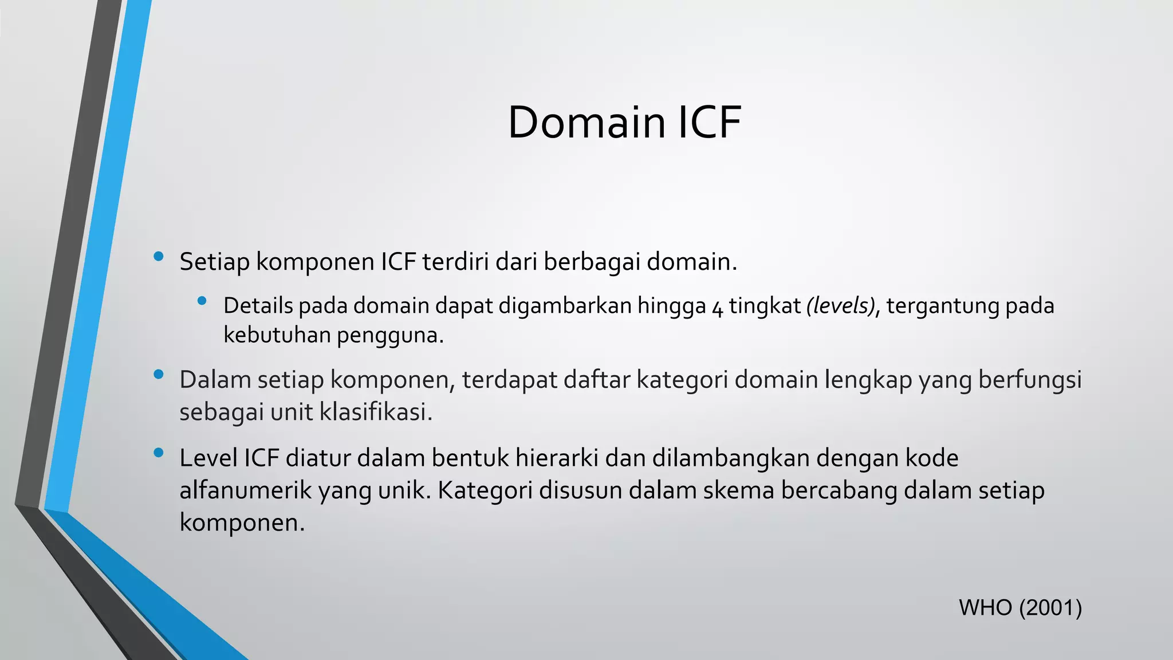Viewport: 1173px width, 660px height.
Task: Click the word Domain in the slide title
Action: (586, 123)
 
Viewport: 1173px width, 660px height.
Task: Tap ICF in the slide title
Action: (710, 123)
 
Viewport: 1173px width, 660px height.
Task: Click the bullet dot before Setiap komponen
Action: (159, 257)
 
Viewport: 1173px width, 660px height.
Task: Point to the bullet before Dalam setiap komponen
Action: (159, 375)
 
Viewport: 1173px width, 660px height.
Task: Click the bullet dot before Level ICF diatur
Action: (159, 454)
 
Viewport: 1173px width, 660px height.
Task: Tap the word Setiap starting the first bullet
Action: (214, 262)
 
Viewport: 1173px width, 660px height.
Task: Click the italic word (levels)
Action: (841, 306)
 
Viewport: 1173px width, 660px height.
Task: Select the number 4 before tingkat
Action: (717, 307)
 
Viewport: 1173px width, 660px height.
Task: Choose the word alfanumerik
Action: (245, 490)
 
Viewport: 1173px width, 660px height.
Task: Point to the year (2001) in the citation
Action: (1050, 608)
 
